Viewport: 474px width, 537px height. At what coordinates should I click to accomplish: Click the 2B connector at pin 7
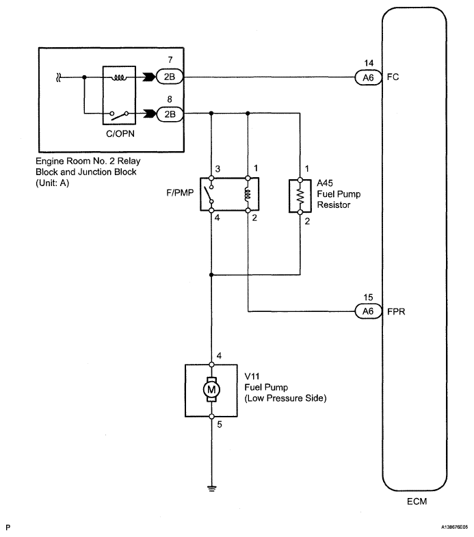[x=170, y=77]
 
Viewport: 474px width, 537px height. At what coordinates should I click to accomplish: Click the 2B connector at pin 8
[x=170, y=114]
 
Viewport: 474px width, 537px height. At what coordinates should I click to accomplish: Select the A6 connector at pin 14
[x=368, y=77]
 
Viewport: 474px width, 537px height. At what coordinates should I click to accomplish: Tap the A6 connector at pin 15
[x=368, y=311]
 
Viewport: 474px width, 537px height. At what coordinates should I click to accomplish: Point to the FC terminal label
[x=393, y=77]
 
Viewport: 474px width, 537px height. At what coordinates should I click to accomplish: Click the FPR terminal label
[x=396, y=312]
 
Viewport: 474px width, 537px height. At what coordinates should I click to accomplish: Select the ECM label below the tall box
[x=417, y=501]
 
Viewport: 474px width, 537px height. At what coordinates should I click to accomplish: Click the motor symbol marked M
[x=211, y=389]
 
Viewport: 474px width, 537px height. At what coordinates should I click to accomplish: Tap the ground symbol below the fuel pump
[x=212, y=488]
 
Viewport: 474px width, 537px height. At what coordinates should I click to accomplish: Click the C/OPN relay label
[x=120, y=133]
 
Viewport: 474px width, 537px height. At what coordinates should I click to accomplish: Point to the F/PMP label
[x=180, y=193]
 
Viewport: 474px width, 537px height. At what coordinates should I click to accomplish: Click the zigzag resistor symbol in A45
[x=300, y=196]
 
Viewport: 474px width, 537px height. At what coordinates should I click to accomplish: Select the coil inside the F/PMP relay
[x=248, y=194]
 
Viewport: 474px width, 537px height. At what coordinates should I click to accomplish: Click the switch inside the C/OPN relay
[x=119, y=115]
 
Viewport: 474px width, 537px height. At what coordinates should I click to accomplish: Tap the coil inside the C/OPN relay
[x=119, y=78]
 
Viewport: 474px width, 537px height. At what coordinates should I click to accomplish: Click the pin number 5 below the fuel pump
[x=220, y=424]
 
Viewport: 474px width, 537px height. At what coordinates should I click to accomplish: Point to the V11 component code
[x=252, y=376]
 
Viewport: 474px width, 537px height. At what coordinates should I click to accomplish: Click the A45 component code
[x=325, y=183]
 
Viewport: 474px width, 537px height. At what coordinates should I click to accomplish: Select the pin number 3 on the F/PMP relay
[x=218, y=169]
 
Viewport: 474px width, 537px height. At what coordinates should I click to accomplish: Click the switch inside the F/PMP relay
[x=209, y=194]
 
